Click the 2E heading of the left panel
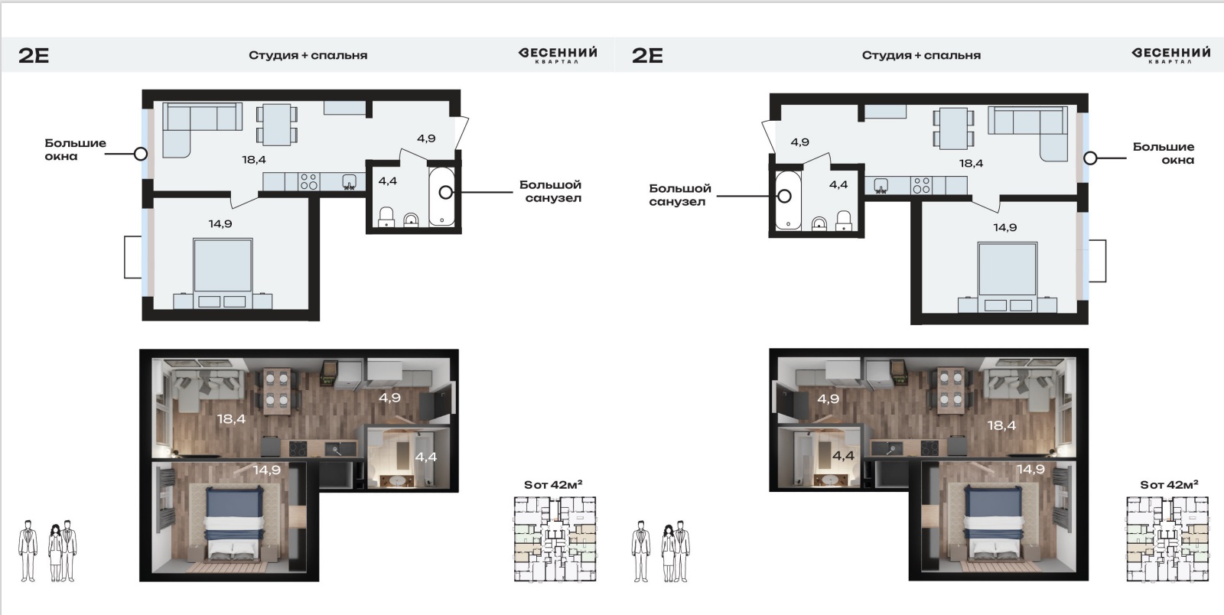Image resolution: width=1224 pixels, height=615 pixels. (34, 55)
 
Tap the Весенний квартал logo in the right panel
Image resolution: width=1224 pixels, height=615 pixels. (1170, 55)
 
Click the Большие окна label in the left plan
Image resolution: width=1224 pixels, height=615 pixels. (76, 150)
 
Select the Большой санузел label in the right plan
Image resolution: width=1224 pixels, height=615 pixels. (680, 195)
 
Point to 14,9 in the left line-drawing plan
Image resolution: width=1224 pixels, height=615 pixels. (220, 223)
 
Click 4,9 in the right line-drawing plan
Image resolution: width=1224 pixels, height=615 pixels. (799, 142)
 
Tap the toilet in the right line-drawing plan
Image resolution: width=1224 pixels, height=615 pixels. (844, 220)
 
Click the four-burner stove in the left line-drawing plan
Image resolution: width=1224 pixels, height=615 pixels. (309, 181)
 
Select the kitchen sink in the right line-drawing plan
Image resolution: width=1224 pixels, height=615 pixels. (881, 186)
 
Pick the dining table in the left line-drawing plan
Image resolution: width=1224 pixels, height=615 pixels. (277, 125)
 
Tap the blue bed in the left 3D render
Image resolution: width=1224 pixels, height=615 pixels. (234, 522)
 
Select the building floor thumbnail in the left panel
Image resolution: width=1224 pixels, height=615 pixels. (555, 539)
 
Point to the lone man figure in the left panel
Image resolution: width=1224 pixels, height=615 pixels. (28, 551)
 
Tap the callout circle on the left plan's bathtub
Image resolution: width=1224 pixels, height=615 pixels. (446, 192)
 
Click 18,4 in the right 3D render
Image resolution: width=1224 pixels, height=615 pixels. (1001, 425)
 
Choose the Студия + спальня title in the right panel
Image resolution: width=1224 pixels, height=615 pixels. (921, 55)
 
